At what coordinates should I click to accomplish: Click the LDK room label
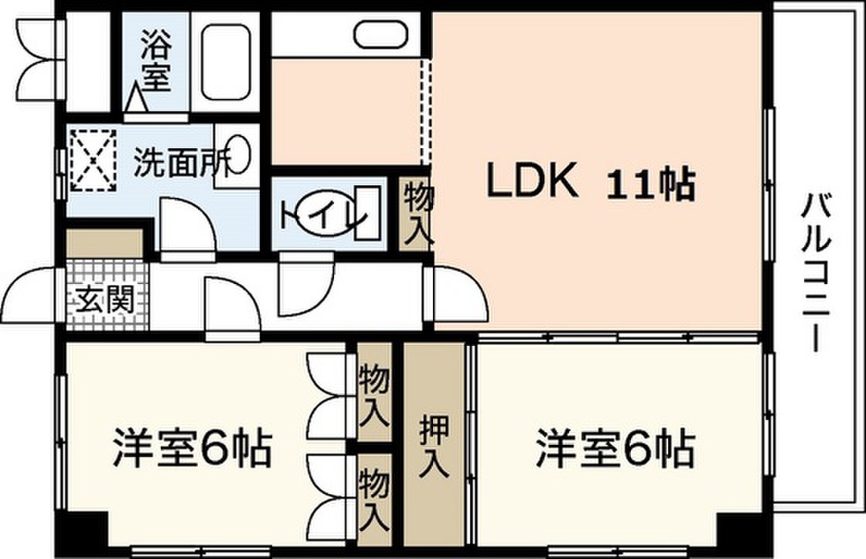(531, 181)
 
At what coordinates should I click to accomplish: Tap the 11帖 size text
(650, 184)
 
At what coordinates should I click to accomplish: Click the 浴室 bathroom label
(155, 62)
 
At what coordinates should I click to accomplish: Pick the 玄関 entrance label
(105, 299)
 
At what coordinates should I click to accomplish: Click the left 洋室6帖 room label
(193, 447)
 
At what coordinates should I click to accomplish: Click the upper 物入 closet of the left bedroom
(373, 394)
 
